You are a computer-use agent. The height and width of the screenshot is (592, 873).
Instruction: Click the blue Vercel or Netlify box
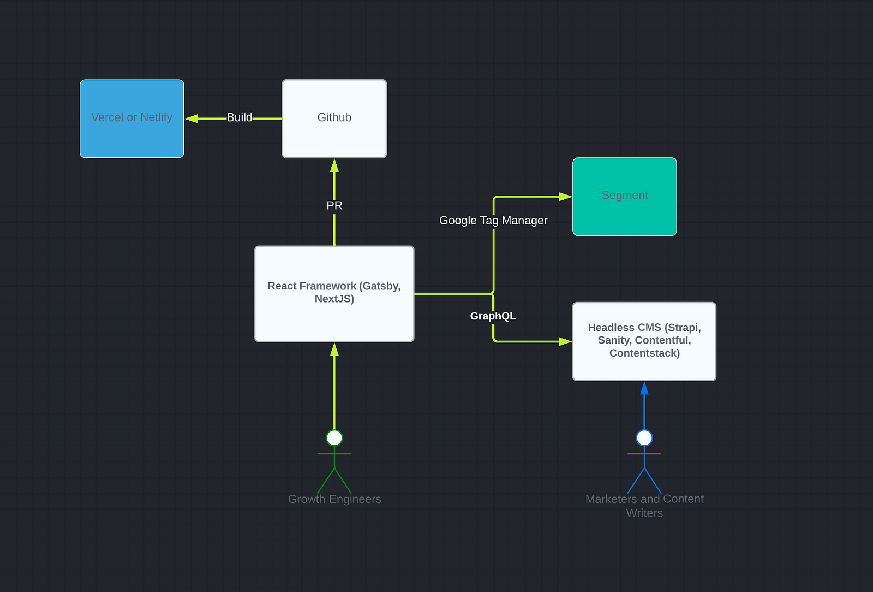131,119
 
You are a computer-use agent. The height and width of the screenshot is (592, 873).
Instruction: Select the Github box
334,119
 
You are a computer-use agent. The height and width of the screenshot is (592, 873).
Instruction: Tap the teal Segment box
624,197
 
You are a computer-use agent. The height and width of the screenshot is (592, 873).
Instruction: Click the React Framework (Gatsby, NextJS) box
334,293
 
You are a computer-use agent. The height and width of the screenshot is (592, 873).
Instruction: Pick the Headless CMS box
644,341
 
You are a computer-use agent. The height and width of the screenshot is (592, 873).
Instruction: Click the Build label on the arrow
239,117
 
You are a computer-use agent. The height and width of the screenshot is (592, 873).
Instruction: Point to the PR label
334,205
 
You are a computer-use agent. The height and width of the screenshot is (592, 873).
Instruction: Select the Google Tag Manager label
493,220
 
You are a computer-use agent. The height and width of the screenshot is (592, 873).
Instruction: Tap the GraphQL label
493,316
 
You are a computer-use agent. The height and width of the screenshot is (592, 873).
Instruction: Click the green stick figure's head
334,437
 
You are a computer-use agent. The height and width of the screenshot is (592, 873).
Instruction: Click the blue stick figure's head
644,437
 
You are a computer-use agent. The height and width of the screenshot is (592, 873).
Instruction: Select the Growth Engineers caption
334,499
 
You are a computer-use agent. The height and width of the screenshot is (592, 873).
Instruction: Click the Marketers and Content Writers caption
644,506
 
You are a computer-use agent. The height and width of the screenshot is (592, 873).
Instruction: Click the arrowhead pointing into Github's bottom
334,165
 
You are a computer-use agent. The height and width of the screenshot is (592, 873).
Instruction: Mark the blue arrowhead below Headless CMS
644,388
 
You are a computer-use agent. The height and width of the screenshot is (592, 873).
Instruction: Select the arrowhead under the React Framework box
334,350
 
